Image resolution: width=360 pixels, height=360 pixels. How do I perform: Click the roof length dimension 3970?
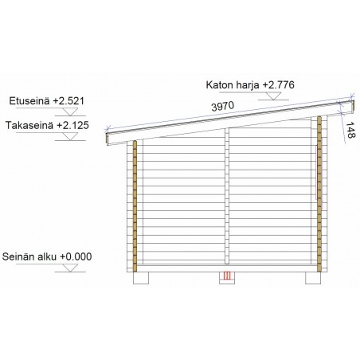[223, 106]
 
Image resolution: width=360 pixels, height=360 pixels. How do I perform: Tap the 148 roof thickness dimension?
[350, 130]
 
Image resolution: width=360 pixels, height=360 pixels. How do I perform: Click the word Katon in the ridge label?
[218, 85]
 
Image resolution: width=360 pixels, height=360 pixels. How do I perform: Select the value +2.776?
[278, 85]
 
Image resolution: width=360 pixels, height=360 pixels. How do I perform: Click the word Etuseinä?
[29, 101]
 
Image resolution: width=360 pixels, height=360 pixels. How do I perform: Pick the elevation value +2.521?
[68, 101]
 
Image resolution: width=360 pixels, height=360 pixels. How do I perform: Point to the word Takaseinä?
[29, 125]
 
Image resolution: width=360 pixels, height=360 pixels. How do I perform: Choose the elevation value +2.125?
[72, 125]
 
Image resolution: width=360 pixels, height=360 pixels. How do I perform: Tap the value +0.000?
[76, 256]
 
